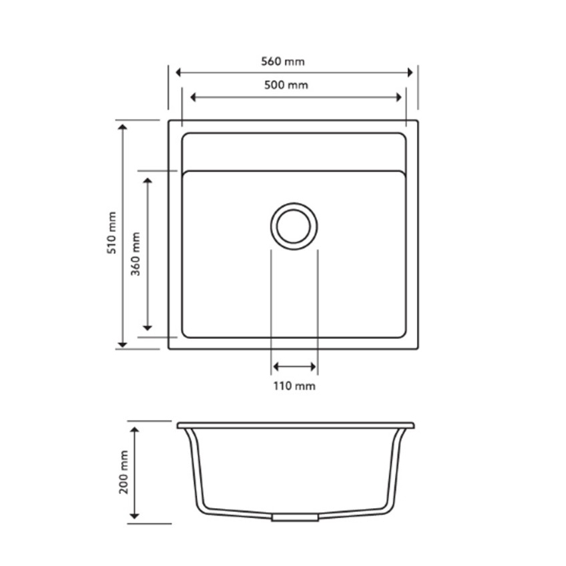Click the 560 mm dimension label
[x=282, y=62]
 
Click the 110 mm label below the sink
[x=294, y=386]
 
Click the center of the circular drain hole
[x=294, y=226]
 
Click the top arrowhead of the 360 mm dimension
[x=148, y=180]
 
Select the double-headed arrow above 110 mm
[x=294, y=367]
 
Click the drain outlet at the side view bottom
[x=294, y=517]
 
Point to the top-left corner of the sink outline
[x=169, y=121]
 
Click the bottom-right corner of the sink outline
[x=417, y=348]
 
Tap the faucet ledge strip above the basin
[x=293, y=152]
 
